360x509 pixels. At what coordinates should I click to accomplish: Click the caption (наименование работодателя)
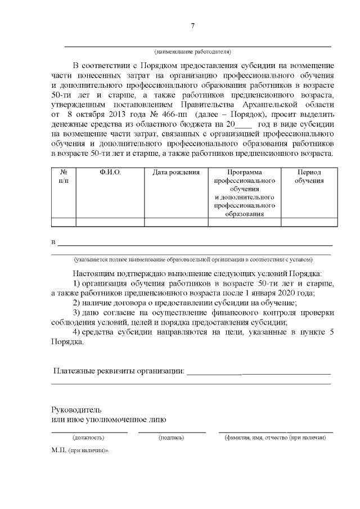coord(192,52)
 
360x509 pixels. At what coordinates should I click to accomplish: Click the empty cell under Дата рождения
coord(176,222)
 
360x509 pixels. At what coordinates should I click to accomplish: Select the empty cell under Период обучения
coord(309,222)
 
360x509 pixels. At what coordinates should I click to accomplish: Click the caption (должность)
coord(88,437)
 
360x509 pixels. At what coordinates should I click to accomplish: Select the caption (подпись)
coord(172,437)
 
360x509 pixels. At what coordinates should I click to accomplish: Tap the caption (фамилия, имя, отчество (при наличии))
coord(275,437)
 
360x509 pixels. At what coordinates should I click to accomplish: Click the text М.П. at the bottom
coord(58,451)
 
